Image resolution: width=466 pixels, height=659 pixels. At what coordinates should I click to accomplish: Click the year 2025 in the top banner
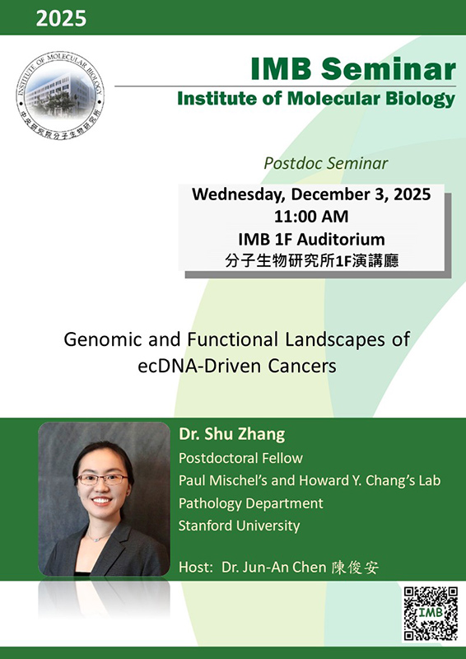coord(62,18)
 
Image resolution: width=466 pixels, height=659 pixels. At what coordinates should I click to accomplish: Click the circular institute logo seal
coord(60,96)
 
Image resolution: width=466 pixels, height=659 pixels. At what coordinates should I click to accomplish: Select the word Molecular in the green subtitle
coord(333,99)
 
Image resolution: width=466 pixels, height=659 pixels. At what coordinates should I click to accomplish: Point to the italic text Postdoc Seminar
coord(326,163)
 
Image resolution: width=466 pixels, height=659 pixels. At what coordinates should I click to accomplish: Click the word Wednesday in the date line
coord(239,194)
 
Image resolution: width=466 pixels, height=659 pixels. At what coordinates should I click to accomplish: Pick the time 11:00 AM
coord(311,217)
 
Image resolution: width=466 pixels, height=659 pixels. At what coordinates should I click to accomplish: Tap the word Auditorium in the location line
coord(341,239)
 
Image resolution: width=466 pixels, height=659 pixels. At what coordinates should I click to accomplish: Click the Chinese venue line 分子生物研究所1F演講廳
coord(311,261)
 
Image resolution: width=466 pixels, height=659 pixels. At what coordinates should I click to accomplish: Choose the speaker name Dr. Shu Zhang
coord(232,435)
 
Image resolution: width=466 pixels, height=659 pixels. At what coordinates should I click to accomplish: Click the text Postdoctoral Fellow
coord(240,458)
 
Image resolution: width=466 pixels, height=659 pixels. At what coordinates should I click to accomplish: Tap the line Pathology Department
coord(251,503)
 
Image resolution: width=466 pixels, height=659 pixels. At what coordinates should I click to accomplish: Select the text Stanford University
coord(239,526)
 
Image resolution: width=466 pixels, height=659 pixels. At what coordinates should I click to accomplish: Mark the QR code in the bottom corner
coord(431,614)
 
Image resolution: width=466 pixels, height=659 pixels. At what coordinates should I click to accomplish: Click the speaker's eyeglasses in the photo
coord(103,479)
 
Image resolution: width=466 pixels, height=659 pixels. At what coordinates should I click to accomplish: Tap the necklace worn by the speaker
coord(99,537)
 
